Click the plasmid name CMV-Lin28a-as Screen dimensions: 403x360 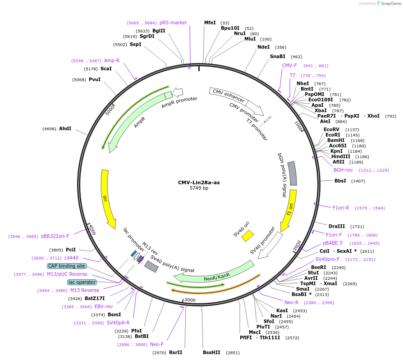(199, 182)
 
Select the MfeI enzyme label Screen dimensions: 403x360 (210, 23)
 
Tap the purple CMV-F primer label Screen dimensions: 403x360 (289, 65)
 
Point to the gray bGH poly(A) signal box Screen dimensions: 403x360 (293, 173)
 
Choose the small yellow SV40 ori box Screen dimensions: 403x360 (248, 236)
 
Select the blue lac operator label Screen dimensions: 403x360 (82, 282)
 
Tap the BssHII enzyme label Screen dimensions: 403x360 (211, 352)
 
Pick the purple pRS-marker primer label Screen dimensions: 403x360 (173, 23)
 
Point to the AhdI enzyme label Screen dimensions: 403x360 (65, 128)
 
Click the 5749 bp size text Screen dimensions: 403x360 (199, 188)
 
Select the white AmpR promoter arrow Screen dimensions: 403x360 (178, 92)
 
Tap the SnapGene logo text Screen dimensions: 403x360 (389, 4)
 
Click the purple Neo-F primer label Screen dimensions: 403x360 (156, 344)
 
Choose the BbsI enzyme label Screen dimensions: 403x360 (340, 181)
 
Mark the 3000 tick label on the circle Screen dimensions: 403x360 (190, 300)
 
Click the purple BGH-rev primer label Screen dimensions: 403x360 (343, 170)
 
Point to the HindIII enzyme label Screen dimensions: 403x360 (340, 156)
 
